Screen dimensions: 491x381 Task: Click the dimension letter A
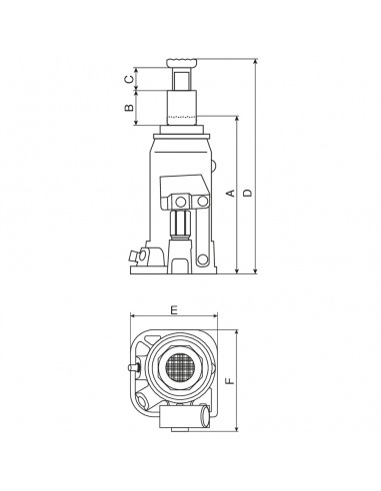coord(229,192)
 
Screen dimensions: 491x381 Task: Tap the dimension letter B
coord(129,108)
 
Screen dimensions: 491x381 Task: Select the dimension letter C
coord(129,78)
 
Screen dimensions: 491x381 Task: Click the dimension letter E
coord(175,312)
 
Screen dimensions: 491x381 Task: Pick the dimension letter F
coord(229,380)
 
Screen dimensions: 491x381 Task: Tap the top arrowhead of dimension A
coord(236,117)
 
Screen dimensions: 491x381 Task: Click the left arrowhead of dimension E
coord(133,318)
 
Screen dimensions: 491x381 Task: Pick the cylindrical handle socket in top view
coord(204,411)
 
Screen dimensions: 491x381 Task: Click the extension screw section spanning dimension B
coord(183,107)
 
